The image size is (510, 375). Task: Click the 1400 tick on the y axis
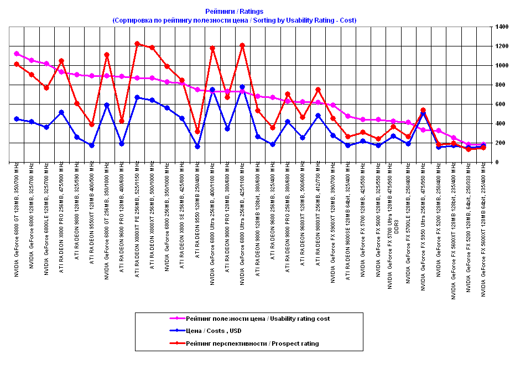tap(501, 27)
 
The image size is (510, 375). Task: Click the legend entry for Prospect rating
tap(252, 343)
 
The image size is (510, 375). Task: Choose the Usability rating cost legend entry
tap(257, 318)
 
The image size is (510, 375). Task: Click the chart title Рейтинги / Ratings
tap(234, 11)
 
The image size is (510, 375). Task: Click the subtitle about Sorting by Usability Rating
tap(234, 20)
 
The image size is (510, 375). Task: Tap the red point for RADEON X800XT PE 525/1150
tap(137, 44)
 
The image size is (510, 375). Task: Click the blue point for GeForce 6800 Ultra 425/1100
tap(242, 87)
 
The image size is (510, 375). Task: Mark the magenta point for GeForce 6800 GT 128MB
tap(17, 54)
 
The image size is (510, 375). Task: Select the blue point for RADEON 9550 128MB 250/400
tap(197, 147)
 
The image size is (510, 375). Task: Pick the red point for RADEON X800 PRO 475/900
tap(61, 61)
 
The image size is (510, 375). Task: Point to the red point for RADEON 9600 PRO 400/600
tap(121, 121)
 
